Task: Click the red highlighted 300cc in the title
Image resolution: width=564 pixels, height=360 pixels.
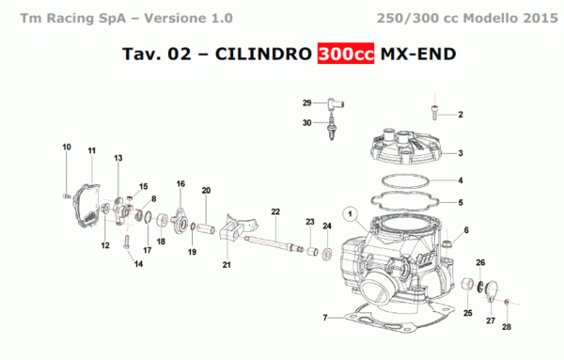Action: pyautogui.click(x=346, y=55)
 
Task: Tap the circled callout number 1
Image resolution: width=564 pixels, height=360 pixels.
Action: pyautogui.click(x=352, y=215)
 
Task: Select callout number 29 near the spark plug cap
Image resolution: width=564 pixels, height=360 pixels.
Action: pyautogui.click(x=306, y=102)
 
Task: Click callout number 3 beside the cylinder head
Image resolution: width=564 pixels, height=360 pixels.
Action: pyautogui.click(x=461, y=154)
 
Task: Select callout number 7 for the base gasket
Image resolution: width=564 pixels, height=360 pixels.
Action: pyautogui.click(x=325, y=318)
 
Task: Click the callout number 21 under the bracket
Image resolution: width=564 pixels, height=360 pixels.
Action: pyautogui.click(x=227, y=266)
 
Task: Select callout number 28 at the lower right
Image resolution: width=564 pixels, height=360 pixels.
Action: pyautogui.click(x=506, y=326)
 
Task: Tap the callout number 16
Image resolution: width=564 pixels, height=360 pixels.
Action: pyautogui.click(x=180, y=183)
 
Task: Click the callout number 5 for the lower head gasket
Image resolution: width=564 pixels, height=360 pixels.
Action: pyautogui.click(x=461, y=202)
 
